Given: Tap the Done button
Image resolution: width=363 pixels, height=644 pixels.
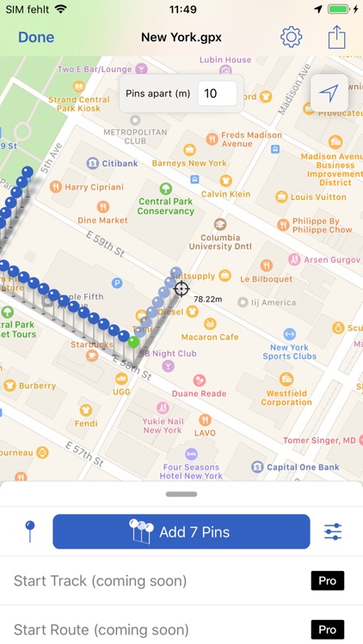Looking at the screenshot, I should pyautogui.click(x=36, y=37).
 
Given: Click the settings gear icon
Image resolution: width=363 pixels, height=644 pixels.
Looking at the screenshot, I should pyautogui.click(x=292, y=37).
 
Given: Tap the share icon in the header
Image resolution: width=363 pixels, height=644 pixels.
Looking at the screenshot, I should pyautogui.click(x=336, y=37).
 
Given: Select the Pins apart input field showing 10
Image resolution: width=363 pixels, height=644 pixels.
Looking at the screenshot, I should pyautogui.click(x=217, y=93).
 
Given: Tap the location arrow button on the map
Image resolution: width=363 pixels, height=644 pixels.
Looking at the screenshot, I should pyautogui.click(x=329, y=93).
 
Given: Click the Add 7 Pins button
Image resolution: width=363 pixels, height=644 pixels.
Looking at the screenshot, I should pyautogui.click(x=181, y=532).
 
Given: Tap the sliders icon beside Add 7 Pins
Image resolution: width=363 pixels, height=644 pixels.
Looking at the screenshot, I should pyautogui.click(x=333, y=532).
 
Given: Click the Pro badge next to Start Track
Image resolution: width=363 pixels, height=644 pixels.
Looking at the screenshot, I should pyautogui.click(x=327, y=580).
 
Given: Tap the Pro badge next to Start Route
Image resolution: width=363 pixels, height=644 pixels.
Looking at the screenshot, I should pyautogui.click(x=327, y=629).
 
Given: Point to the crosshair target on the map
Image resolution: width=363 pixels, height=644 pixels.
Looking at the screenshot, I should pyautogui.click(x=181, y=289).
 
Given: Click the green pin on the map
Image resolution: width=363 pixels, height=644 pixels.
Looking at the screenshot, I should pyautogui.click(x=133, y=341).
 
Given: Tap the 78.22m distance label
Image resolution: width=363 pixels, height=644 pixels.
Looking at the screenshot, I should pyautogui.click(x=208, y=299).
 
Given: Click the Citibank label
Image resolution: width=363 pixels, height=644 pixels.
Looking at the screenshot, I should pyautogui.click(x=120, y=163).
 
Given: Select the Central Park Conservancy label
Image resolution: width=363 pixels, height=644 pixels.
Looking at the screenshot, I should pyautogui.click(x=166, y=206).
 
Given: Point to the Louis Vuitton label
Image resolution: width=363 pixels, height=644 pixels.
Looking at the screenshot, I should pyautogui.click(x=317, y=197).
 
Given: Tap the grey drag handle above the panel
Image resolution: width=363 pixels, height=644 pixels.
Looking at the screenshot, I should pyautogui.click(x=181, y=494).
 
